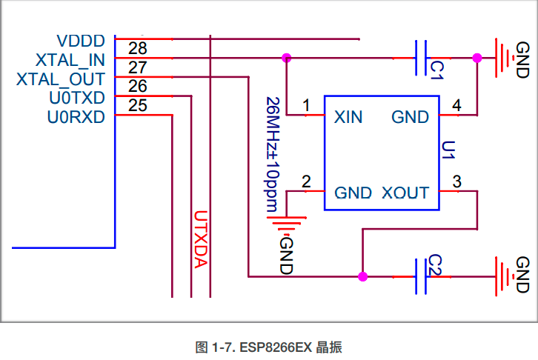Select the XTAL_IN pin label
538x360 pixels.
click(70, 60)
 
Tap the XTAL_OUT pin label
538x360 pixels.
click(61, 79)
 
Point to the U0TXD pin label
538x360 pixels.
click(76, 98)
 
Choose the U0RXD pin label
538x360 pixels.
click(76, 117)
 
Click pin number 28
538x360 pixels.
click(137, 49)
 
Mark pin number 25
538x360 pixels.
click(137, 106)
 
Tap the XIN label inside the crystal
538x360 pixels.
click(348, 117)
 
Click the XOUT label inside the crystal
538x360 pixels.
click(405, 193)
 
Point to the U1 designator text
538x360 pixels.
click(447, 155)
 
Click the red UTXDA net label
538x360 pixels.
click(200, 241)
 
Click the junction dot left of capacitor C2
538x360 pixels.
click(362, 276)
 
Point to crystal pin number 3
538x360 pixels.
click(456, 181)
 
